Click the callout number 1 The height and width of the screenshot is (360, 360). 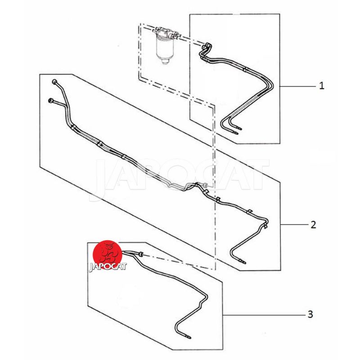[x=322, y=86]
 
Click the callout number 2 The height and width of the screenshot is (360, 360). [x=313, y=224]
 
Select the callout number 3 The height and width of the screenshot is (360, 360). [x=310, y=314]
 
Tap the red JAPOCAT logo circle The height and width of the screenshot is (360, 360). [x=107, y=254]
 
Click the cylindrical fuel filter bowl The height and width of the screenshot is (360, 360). [x=164, y=48]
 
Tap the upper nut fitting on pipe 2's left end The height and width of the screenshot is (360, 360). [x=54, y=82]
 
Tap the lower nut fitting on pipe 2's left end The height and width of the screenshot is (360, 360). [x=51, y=100]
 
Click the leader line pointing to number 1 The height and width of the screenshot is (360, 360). [x=297, y=86]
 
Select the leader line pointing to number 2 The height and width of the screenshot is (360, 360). [x=295, y=224]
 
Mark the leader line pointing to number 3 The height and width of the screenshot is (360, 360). [x=265, y=315]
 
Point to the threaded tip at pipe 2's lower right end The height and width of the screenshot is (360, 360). [x=243, y=262]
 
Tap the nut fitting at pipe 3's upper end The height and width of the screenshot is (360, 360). [x=140, y=254]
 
